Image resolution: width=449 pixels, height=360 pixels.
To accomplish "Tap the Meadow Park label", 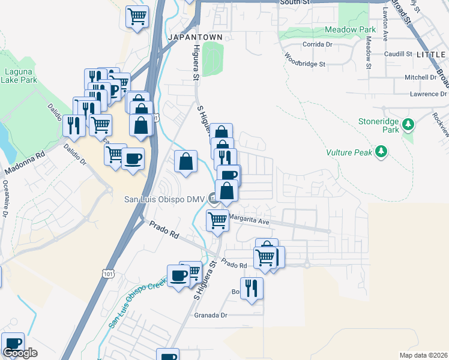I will point(350,29).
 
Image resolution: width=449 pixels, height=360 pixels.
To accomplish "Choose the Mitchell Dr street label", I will point(420,77).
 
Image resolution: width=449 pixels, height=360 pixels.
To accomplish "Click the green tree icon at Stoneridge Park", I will point(408,125).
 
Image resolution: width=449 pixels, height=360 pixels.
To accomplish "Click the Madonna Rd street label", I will point(25,163).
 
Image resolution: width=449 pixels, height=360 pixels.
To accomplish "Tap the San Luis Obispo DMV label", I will point(164,199).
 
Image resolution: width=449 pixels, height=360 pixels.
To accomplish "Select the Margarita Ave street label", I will point(248,221).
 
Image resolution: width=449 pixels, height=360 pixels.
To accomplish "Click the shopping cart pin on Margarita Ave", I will point(217,220).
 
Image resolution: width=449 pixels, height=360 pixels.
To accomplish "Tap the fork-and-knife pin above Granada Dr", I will point(252,288).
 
